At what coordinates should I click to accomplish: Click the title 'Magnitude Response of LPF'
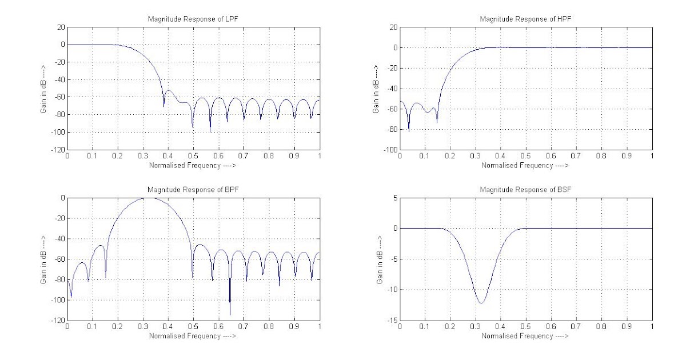click(x=193, y=20)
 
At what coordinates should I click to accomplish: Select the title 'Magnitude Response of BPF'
click(x=193, y=190)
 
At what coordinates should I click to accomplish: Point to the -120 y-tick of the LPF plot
click(x=58, y=150)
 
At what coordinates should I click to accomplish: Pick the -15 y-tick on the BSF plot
click(x=393, y=321)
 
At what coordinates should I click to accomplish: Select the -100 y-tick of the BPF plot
click(x=58, y=300)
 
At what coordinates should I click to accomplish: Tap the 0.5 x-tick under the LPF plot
click(x=193, y=156)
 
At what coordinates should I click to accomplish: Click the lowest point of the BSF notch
click(x=481, y=303)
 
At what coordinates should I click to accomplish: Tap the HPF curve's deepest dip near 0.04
click(x=409, y=132)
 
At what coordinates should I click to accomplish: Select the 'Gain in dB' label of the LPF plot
click(x=43, y=89)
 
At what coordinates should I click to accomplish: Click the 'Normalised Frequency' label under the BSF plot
click(x=525, y=335)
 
